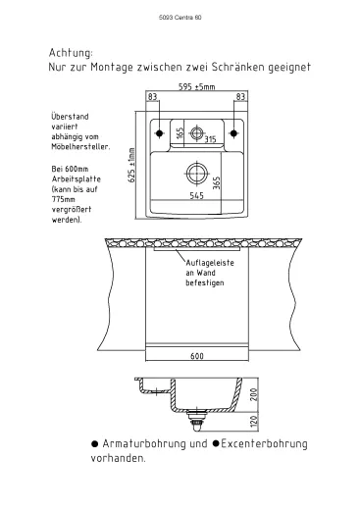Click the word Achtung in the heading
(71, 53)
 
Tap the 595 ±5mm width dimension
(197, 86)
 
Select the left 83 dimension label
(153, 96)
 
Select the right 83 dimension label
(240, 96)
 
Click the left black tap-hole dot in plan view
(159, 133)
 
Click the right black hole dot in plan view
(233, 133)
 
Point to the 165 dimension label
(180, 133)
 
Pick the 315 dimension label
(210, 139)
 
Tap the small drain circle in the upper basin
(196, 133)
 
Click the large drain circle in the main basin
(196, 174)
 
